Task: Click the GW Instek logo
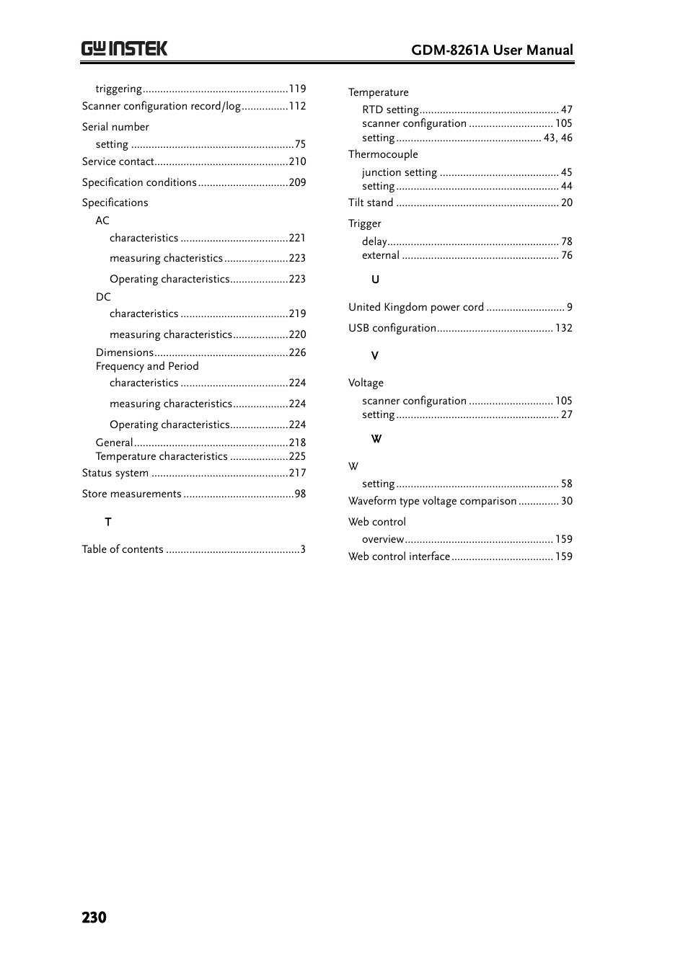tap(124, 49)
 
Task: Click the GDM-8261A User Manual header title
tap(492, 50)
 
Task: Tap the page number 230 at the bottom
tap(94, 917)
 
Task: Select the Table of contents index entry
tap(123, 549)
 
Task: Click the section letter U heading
tap(375, 280)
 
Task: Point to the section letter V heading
tap(375, 355)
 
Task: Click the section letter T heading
tap(108, 522)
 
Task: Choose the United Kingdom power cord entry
tap(416, 307)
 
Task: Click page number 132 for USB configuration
tap(563, 328)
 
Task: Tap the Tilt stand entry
tap(371, 203)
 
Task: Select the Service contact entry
tap(118, 161)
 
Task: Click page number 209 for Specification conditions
tap(297, 182)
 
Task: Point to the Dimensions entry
tap(124, 352)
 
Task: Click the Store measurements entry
tap(131, 494)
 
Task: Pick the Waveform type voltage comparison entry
tap(432, 501)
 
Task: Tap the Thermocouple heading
tap(383, 154)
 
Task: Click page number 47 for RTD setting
tap(567, 110)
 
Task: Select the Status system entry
tap(115, 473)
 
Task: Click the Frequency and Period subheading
tap(147, 366)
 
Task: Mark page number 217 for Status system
tap(297, 473)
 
